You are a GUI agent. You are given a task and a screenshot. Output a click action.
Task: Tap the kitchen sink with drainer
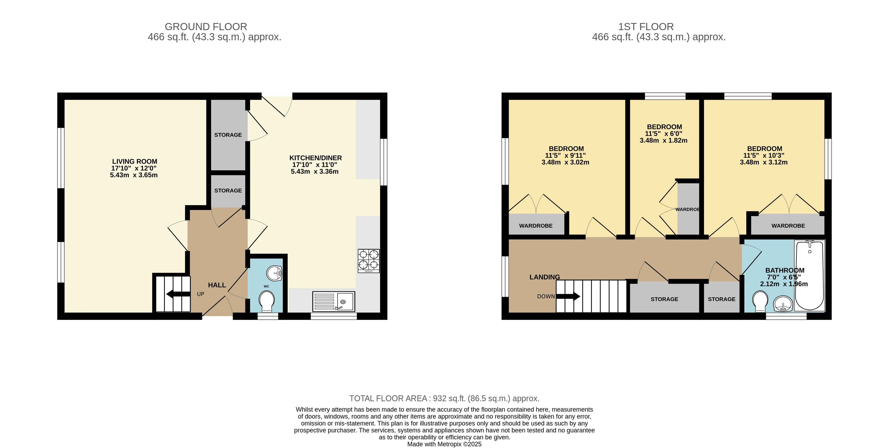(x=333, y=301)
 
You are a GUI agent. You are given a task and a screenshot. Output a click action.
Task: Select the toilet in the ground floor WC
(x=266, y=301)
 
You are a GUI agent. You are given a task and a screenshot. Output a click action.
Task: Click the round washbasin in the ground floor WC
(x=274, y=274)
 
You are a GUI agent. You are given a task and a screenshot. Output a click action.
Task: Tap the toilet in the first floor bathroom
(x=760, y=301)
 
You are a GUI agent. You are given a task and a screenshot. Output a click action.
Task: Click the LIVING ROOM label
(x=135, y=161)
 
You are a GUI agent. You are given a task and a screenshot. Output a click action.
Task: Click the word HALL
(x=217, y=285)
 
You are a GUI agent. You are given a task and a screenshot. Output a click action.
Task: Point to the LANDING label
(x=545, y=277)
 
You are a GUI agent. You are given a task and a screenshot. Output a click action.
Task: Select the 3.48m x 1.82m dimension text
(x=663, y=140)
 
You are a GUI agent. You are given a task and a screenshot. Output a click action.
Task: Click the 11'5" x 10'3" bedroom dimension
(x=764, y=155)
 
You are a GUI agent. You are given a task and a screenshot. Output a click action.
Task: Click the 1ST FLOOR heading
(x=646, y=27)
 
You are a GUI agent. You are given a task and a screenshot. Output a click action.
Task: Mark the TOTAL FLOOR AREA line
(x=444, y=398)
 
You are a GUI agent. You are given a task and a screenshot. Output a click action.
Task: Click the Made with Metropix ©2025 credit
(x=444, y=444)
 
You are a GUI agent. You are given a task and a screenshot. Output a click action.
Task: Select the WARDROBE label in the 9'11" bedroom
(x=536, y=226)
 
